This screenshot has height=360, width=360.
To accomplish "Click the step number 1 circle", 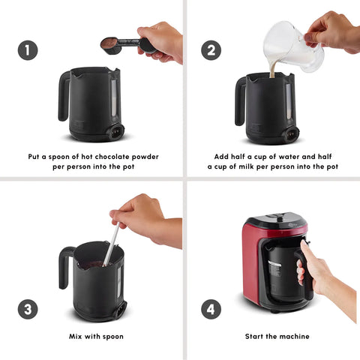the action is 28,50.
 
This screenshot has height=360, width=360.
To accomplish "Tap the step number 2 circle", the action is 211,50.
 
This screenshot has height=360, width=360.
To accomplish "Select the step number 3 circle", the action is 28,309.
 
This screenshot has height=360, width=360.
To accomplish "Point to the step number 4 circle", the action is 211,309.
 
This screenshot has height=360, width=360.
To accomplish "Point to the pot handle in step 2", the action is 240,101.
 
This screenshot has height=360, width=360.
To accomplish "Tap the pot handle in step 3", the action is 64,268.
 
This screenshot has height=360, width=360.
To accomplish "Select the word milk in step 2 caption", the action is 246,166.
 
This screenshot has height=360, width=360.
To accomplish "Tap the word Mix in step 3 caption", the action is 75,337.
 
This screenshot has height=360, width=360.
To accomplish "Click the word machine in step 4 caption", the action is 295,337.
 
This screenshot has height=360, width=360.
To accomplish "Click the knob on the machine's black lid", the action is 280,218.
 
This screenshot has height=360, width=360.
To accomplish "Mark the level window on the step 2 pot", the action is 289,100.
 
